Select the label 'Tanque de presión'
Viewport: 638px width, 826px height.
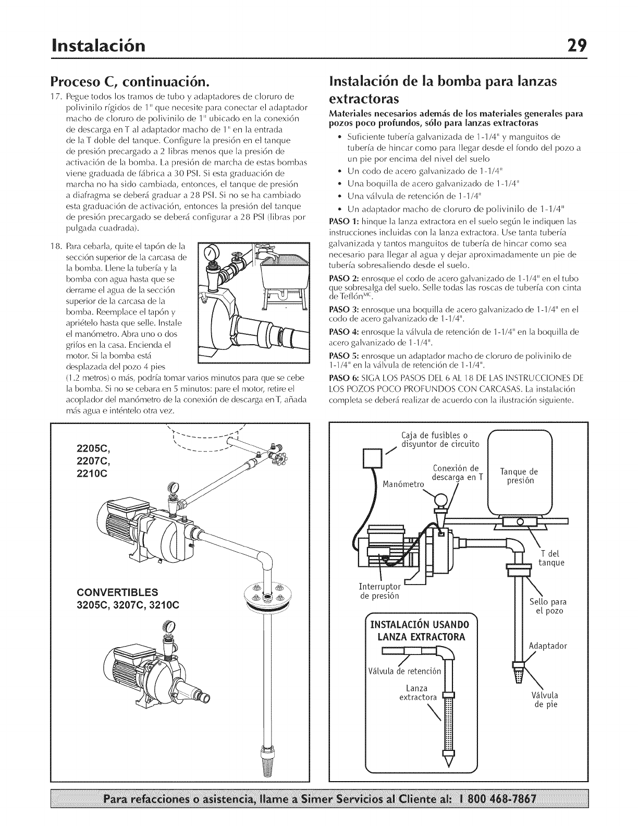click(519, 476)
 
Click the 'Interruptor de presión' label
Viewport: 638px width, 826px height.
click(379, 591)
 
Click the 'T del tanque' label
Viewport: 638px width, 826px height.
click(551, 557)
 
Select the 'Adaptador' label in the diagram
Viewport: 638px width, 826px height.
click(548, 646)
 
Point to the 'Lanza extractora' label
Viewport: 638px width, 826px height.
click(417, 693)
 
